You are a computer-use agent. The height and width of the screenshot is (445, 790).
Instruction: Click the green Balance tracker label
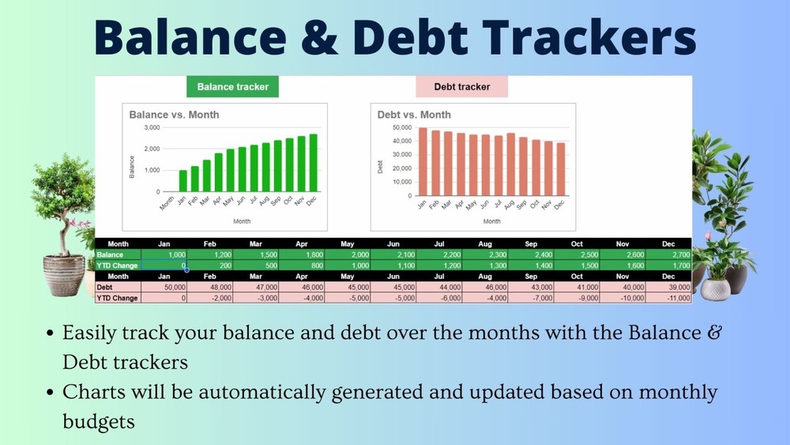coord(232,87)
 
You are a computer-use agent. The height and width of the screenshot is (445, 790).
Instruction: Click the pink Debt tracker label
coord(461,87)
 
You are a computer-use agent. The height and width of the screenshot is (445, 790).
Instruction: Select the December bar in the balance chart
coord(313,163)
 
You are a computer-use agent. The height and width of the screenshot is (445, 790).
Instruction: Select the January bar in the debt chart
coord(423,162)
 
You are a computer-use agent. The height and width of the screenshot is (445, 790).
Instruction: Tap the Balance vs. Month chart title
coord(174,115)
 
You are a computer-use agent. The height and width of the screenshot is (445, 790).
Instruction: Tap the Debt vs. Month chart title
coord(414,115)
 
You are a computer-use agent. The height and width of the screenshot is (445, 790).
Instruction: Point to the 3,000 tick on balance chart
coord(150,127)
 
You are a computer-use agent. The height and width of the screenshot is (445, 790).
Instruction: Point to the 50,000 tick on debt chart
coord(401,127)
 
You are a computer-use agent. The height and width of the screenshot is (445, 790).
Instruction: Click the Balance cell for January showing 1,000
coord(164,255)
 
